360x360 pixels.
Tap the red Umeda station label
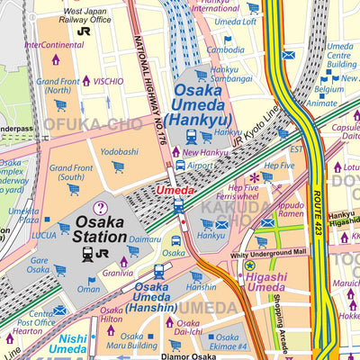tap(175, 191)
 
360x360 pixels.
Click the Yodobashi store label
tap(119, 152)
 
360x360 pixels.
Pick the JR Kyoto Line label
tap(256, 127)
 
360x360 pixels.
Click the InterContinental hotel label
tap(55, 43)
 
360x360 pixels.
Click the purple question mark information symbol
tap(101, 207)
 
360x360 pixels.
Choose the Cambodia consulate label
tap(225, 50)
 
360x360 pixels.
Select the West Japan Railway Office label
tap(85, 14)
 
